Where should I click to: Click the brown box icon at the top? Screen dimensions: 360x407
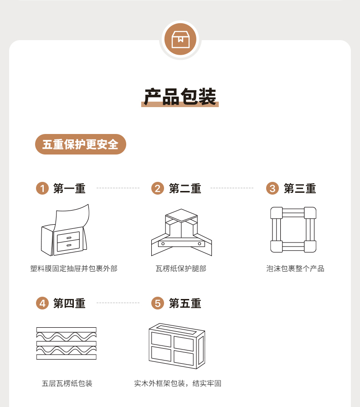(180, 39)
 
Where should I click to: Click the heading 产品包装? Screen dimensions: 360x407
(180, 97)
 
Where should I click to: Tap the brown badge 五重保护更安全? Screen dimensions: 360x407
(81, 144)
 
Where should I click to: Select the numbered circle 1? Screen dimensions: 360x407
(42, 188)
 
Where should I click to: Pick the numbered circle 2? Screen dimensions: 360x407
(158, 188)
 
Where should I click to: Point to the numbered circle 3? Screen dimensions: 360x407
(272, 188)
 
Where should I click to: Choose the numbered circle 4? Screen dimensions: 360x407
(42, 303)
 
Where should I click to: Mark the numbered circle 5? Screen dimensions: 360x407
(158, 303)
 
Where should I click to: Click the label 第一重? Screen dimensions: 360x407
(69, 188)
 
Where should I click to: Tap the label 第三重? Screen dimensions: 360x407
(300, 188)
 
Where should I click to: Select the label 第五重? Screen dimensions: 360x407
(185, 304)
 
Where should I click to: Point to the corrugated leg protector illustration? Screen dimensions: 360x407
(181, 232)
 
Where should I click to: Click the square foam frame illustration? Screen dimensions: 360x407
(293, 230)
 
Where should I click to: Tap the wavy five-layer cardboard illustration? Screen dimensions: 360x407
(67, 343)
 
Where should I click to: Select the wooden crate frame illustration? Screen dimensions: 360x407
(177, 346)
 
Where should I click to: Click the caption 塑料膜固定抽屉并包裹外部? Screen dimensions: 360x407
(74, 268)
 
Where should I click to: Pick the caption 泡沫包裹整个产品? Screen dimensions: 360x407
(295, 268)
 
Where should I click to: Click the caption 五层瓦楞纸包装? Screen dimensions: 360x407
(67, 383)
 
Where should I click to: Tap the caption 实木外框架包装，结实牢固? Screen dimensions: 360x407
(178, 383)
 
